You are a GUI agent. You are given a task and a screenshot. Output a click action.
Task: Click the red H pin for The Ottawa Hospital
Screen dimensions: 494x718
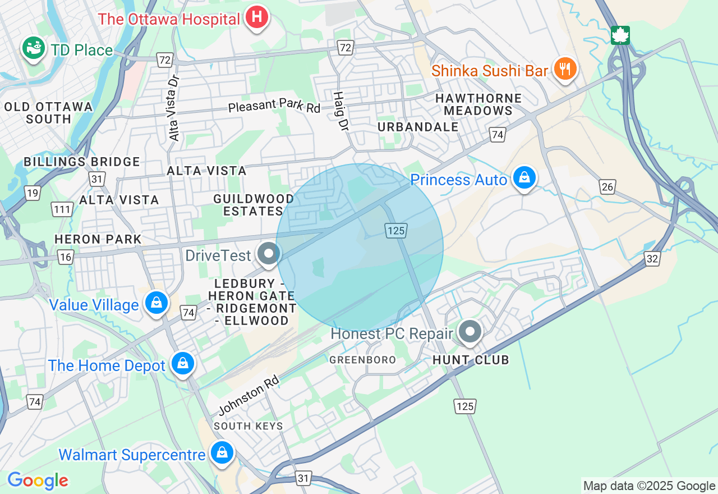(x=257, y=17)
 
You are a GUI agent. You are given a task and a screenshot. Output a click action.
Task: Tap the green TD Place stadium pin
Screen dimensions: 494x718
(x=34, y=49)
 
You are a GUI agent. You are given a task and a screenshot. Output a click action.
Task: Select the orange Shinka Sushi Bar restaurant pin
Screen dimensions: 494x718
(x=565, y=69)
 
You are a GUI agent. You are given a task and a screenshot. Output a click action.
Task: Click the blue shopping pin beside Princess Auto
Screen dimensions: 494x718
(x=524, y=178)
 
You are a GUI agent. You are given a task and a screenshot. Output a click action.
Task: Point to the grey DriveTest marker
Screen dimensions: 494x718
(x=269, y=254)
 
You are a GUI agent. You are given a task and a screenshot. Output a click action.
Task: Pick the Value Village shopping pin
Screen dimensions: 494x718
(x=157, y=303)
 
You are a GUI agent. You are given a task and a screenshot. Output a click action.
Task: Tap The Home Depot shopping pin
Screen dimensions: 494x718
(x=183, y=364)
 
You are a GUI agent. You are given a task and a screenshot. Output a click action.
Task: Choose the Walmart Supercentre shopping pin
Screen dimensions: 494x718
(x=222, y=452)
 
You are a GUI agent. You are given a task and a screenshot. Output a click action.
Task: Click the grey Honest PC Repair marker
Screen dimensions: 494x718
(x=470, y=332)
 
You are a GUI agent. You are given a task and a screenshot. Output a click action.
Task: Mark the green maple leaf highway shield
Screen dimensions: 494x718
(x=620, y=35)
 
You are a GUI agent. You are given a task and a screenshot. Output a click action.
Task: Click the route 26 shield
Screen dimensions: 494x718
(x=607, y=186)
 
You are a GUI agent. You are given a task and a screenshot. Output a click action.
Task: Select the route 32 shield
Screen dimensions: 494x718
(x=652, y=259)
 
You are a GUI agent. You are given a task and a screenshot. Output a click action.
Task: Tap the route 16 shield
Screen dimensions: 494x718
(x=66, y=257)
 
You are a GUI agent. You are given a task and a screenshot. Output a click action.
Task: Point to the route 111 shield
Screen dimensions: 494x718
(x=63, y=210)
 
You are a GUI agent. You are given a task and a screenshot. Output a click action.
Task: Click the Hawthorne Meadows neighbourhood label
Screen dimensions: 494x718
(x=478, y=104)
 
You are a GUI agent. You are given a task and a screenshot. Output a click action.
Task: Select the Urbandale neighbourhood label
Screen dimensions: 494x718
(x=418, y=127)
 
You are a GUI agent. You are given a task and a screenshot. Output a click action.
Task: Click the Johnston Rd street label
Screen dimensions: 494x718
(x=248, y=396)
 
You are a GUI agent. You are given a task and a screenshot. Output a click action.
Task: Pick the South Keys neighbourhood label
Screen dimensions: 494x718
(x=248, y=426)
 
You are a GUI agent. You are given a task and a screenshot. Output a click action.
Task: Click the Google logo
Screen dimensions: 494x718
(x=38, y=481)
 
